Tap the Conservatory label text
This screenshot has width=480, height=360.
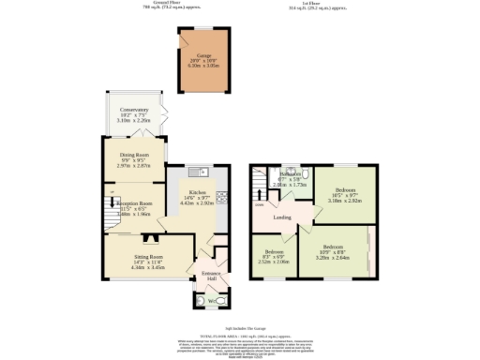(x=134, y=109)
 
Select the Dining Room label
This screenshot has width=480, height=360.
(x=134, y=156)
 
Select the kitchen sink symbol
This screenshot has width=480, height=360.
(x=197, y=172)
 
